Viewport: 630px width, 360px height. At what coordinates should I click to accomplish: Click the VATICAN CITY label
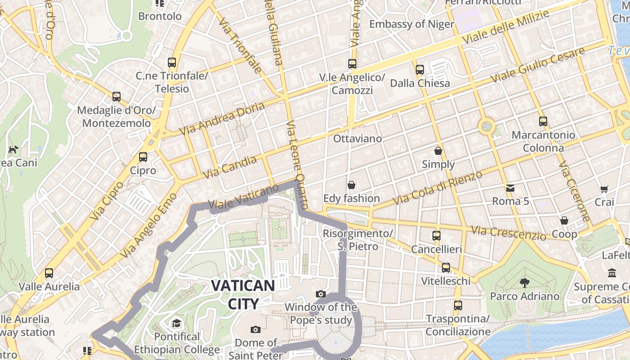(243, 294)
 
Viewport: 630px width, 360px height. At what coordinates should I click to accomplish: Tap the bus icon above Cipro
(143, 157)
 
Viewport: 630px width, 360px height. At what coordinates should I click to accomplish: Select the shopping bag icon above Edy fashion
(351, 185)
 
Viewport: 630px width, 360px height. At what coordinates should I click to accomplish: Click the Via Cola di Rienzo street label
(437, 187)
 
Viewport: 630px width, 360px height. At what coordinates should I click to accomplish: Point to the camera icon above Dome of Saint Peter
(256, 329)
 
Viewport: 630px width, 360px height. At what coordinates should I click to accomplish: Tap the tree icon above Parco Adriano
(524, 283)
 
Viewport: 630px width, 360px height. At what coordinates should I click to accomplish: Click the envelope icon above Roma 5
(510, 188)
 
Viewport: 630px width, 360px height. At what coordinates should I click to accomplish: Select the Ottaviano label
(357, 139)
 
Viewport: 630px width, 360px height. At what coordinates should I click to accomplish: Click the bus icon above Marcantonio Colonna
(543, 121)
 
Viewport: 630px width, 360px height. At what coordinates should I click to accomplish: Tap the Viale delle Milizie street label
(506, 27)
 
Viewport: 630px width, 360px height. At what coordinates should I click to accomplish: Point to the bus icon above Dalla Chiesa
(420, 70)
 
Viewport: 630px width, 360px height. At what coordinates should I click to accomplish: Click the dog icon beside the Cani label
(13, 149)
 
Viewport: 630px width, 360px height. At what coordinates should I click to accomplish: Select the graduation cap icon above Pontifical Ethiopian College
(176, 323)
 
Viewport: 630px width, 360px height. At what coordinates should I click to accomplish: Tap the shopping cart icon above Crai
(604, 189)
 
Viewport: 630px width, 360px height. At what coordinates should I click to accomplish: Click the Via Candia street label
(229, 166)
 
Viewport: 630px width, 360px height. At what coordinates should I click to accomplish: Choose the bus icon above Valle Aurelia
(49, 273)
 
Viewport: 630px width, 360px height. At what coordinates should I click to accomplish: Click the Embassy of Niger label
(411, 24)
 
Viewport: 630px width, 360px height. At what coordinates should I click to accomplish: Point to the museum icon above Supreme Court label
(612, 273)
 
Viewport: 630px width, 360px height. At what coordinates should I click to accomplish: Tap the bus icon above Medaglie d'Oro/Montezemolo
(117, 97)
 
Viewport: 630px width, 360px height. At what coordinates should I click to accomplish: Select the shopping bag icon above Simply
(438, 151)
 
